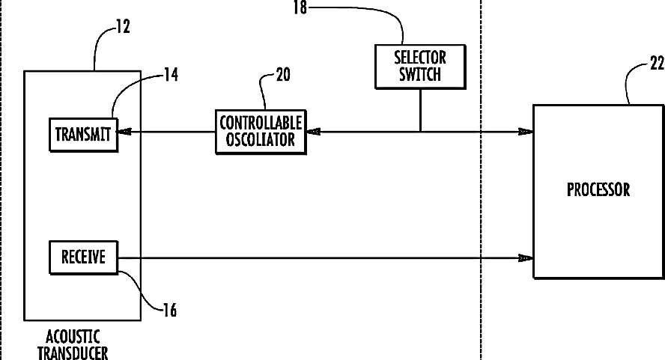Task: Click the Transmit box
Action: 84,134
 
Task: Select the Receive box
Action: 84,259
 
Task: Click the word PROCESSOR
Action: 598,189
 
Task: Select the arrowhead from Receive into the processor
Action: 526,259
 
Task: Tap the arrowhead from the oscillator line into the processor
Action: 526,132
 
